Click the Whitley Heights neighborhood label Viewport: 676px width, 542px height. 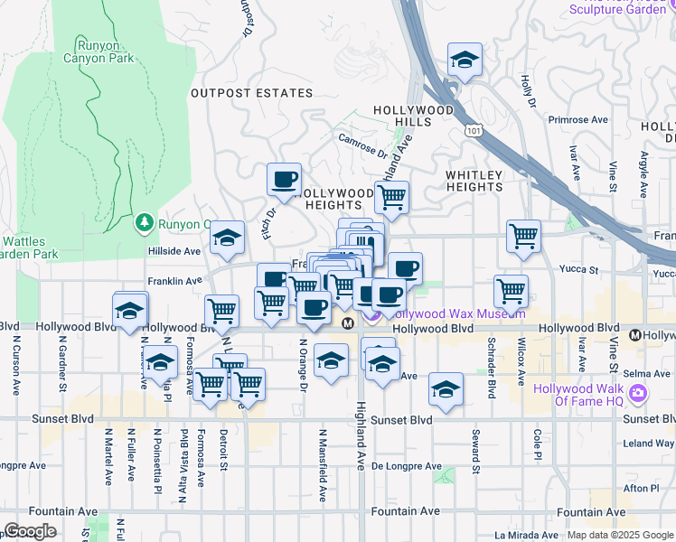(474, 181)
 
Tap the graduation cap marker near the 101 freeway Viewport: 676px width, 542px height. (465, 60)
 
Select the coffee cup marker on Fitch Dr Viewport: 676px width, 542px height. (285, 178)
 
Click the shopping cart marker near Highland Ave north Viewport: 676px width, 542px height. (391, 196)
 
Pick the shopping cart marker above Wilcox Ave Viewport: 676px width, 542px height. (523, 237)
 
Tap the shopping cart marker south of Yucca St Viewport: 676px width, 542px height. (512, 291)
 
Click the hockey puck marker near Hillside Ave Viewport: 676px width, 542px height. (227, 238)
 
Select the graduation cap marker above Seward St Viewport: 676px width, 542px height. (446, 388)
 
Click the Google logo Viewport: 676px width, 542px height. (29, 531)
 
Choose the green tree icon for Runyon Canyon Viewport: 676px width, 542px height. (143, 222)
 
